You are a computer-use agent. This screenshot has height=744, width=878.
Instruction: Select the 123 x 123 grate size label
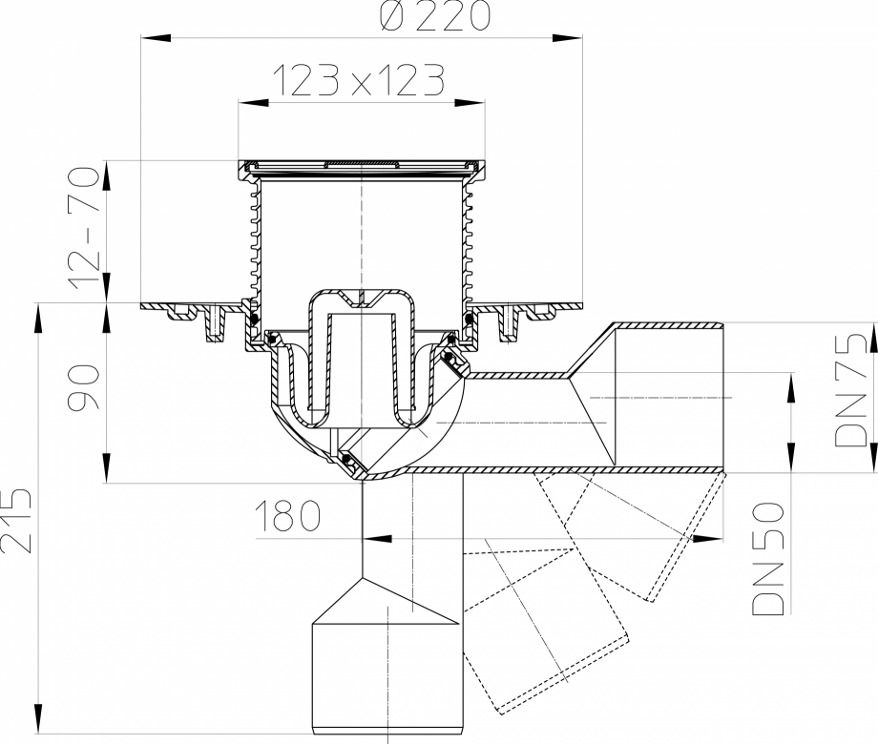[x=360, y=82]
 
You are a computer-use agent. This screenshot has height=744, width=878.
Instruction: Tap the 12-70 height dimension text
[x=83, y=230]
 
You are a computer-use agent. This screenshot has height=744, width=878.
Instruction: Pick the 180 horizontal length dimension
[x=287, y=517]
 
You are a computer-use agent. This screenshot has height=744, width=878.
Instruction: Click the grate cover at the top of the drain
[x=361, y=167]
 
